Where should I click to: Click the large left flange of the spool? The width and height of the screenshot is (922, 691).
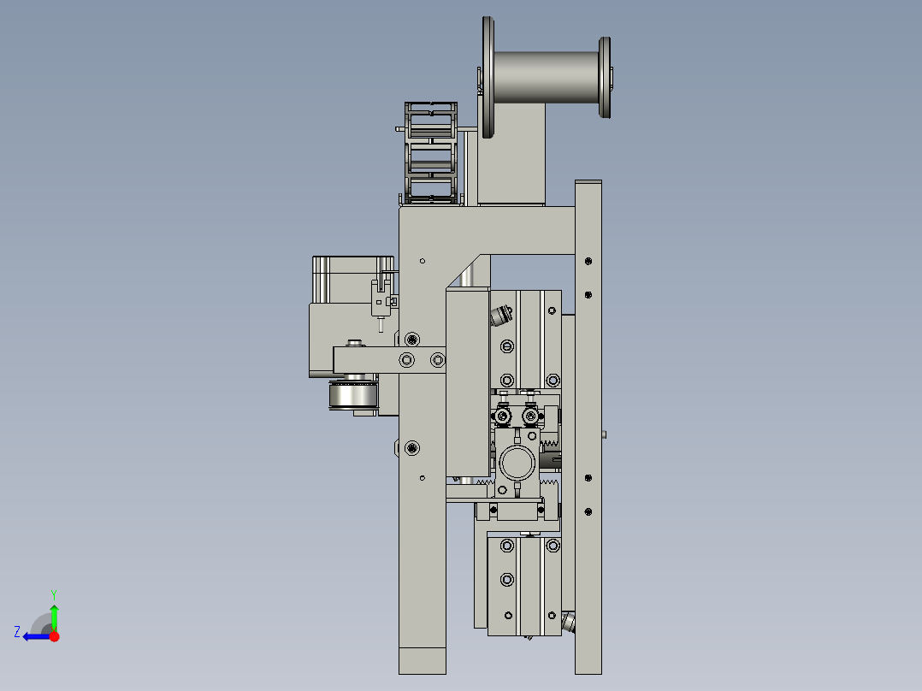point(488,77)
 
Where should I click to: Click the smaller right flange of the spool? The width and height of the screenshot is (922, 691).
point(605,78)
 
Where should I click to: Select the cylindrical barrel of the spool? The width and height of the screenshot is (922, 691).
point(546,77)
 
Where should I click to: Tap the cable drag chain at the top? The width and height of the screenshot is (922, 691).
point(430,154)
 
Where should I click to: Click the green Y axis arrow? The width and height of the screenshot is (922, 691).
point(54,614)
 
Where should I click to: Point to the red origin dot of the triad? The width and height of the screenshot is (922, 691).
point(54,636)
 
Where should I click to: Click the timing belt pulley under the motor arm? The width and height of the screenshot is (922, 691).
point(352,395)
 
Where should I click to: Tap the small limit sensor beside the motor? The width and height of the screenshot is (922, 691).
point(382,299)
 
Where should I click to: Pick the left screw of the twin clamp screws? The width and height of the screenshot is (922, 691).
point(503,416)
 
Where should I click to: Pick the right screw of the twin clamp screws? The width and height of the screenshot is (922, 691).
point(531,416)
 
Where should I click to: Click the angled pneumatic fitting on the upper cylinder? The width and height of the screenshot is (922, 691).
point(499,317)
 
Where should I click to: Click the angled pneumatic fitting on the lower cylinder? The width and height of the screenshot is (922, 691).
point(569,622)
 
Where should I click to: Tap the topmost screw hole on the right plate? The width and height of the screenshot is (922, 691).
point(588,261)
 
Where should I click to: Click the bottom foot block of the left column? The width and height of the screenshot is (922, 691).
point(423,660)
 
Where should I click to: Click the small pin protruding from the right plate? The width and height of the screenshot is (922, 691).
point(605,434)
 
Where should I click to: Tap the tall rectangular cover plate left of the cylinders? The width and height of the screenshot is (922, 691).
point(467,381)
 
